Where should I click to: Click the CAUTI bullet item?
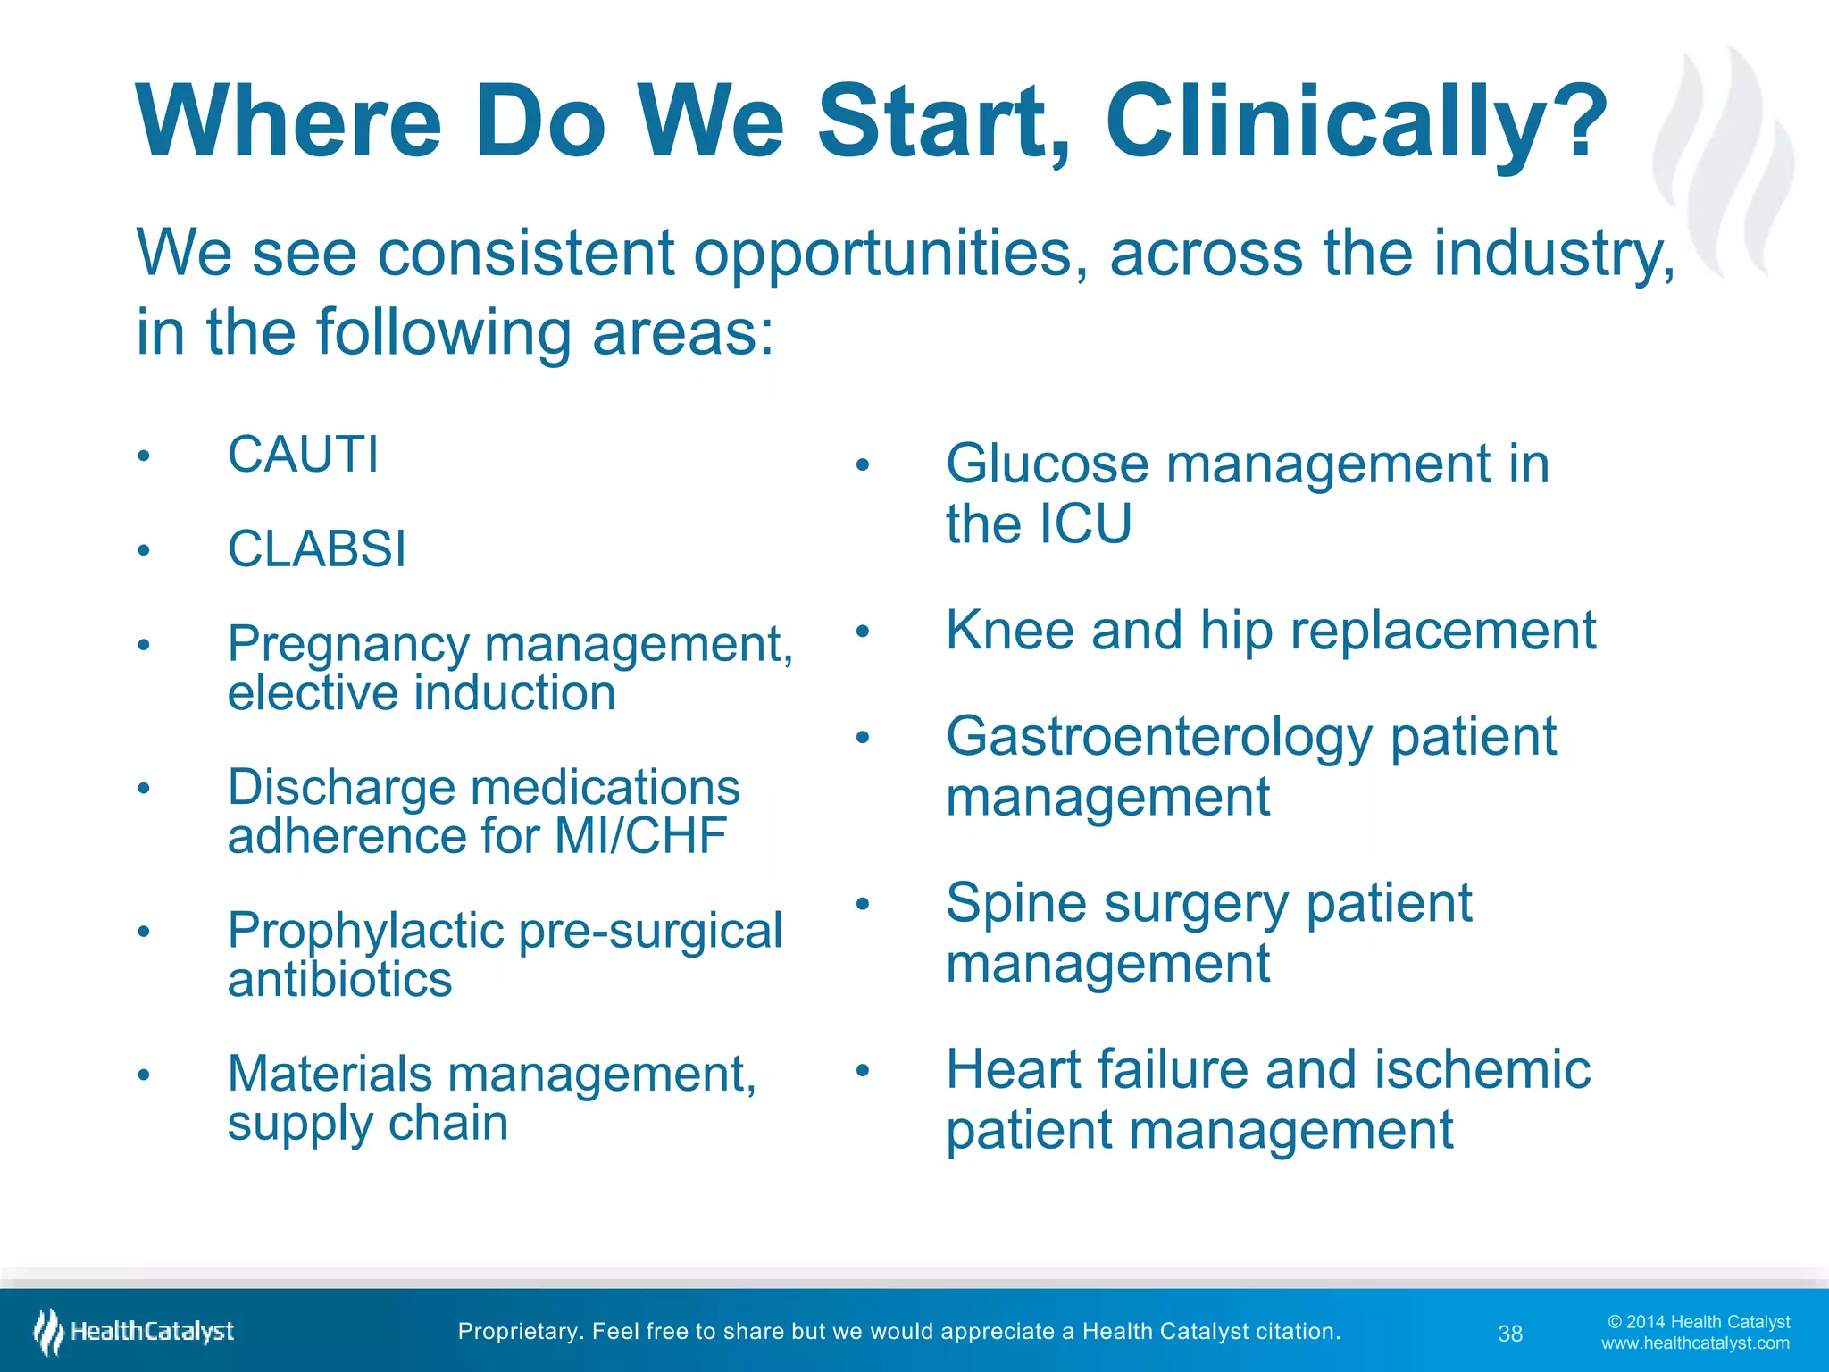(303, 455)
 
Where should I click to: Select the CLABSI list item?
(316, 548)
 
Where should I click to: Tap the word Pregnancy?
(347, 645)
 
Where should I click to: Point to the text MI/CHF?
(639, 836)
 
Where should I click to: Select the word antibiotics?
(339, 980)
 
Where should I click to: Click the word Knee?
(1010, 631)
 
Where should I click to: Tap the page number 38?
(1510, 1334)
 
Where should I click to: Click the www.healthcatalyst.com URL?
(1695, 1343)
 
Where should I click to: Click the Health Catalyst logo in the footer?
(134, 1332)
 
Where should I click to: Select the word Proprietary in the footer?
(516, 1332)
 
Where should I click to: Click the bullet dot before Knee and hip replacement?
(862, 632)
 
